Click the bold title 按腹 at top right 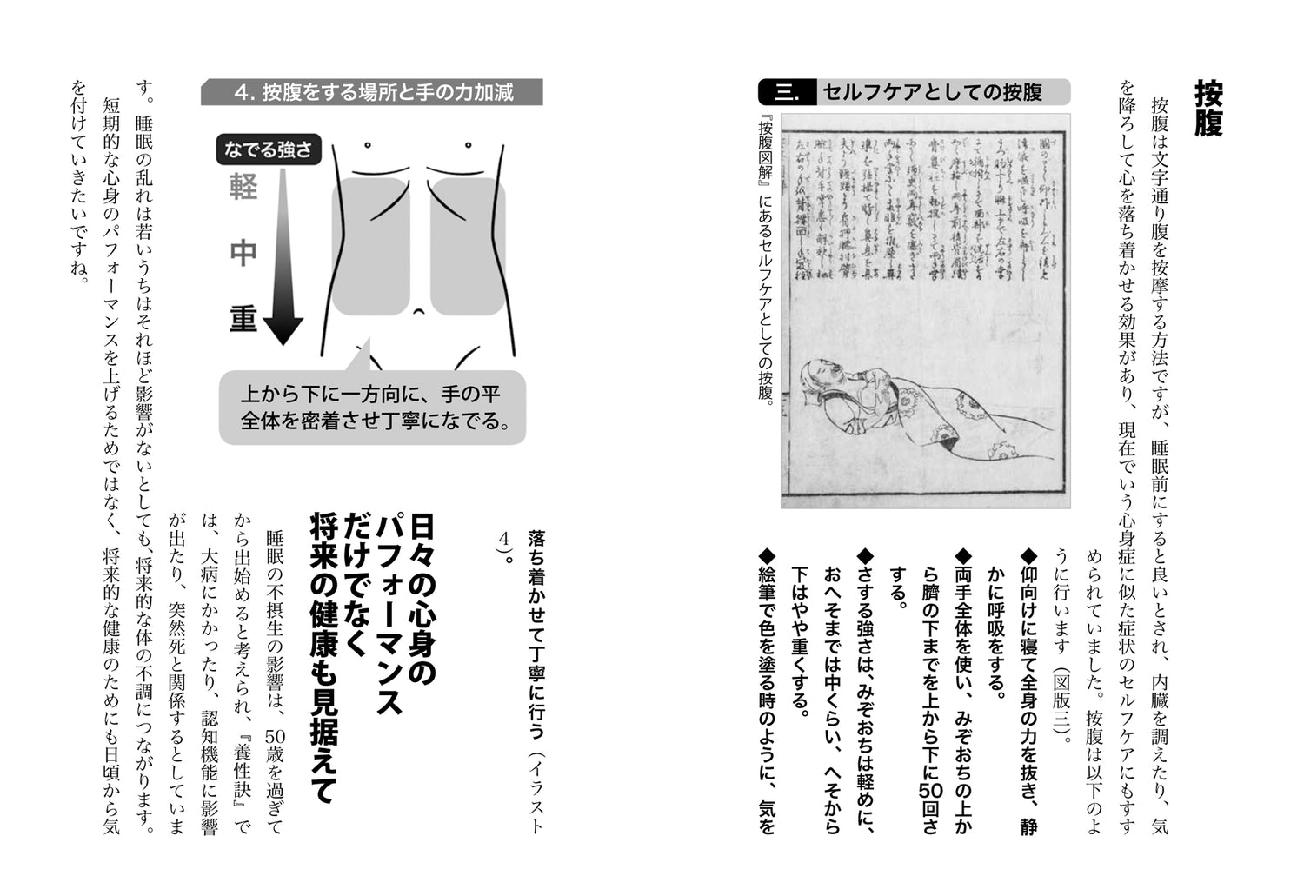1208,109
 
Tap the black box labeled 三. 786,92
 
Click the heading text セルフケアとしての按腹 932,92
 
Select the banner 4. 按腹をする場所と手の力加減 372,92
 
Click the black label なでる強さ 268,149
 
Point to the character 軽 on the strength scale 243,187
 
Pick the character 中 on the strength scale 243,252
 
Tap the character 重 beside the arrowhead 243,319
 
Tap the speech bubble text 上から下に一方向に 370,394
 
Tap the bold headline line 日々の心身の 422,600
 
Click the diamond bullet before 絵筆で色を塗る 766,554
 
